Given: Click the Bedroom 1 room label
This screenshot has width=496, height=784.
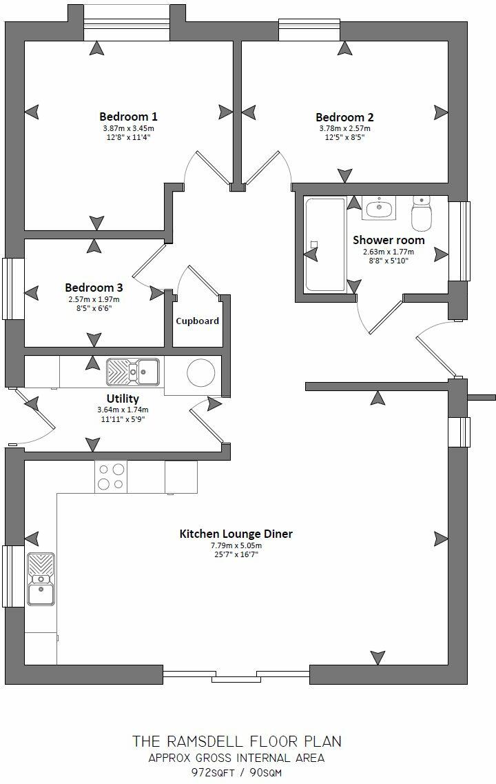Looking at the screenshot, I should point(128,116).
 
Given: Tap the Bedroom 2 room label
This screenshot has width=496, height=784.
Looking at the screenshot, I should point(344,117).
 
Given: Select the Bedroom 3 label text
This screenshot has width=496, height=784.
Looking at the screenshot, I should point(94,287).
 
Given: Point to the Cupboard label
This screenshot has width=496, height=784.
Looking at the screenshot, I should point(197,321).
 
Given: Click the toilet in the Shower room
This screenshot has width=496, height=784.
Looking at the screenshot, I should point(420,213).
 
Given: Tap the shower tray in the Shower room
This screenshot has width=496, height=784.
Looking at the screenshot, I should point(324,244).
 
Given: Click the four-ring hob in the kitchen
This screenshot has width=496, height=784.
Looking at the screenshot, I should point(110,476).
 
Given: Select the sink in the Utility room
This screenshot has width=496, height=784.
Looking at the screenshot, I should point(132,372).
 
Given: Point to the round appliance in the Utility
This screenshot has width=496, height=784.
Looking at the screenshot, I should point(201,372).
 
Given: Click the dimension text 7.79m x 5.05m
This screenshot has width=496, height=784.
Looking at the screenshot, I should point(236,545).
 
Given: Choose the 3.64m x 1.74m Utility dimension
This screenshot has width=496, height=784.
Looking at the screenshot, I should point(123,410).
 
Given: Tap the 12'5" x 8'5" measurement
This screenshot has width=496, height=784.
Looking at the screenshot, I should point(344,137).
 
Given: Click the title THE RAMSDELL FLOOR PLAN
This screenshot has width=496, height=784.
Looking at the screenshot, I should point(236,741).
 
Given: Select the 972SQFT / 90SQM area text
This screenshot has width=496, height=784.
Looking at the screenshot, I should point(236,773).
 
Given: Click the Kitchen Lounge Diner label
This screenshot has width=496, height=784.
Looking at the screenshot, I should point(236,534).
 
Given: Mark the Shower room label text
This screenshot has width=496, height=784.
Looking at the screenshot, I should point(389,240).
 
